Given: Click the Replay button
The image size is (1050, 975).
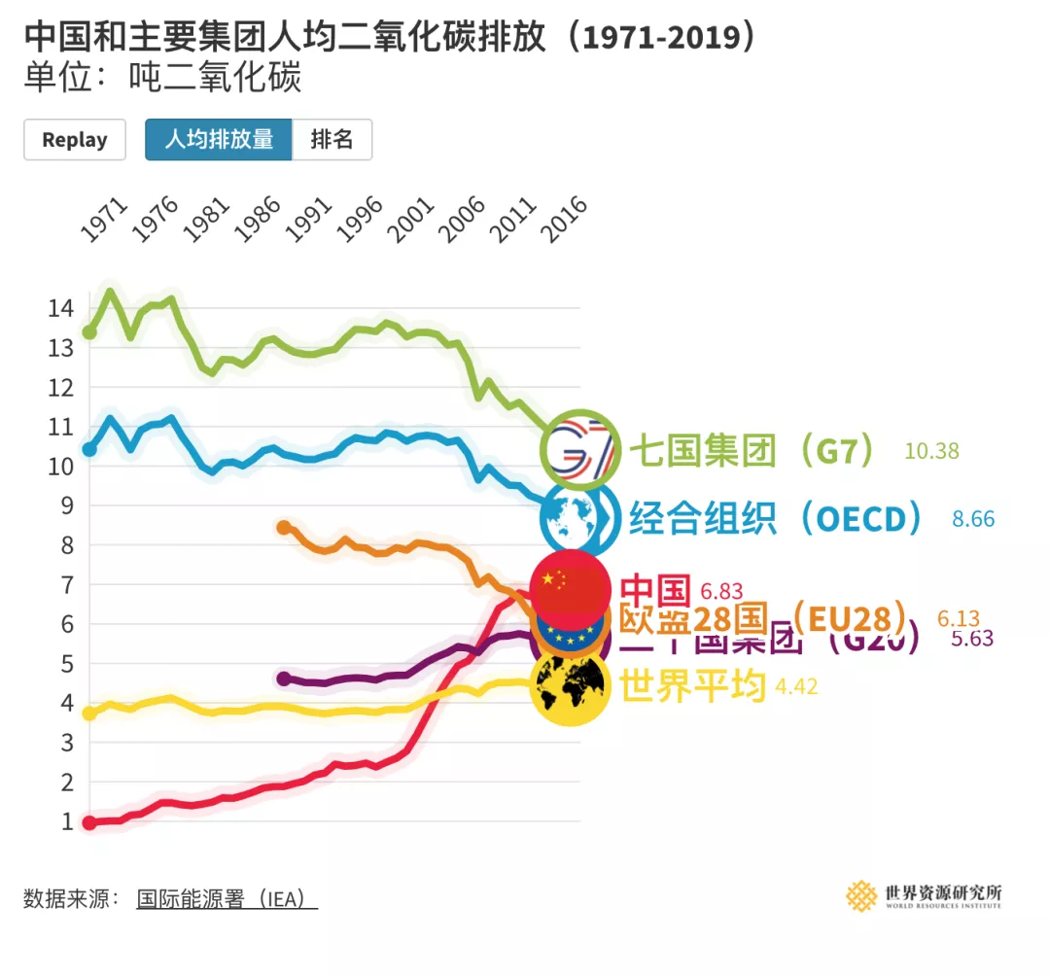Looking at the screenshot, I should point(75,140).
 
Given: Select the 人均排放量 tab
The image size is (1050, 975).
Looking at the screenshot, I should point(219,140).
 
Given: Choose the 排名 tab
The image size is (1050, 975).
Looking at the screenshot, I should point(332,140).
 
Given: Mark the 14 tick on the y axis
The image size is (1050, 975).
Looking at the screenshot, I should point(60,309).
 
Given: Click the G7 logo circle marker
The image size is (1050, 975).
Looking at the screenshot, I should point(580,449).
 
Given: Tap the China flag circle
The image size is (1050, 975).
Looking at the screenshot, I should point(571,589).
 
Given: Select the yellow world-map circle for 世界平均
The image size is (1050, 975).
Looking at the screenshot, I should point(571,687).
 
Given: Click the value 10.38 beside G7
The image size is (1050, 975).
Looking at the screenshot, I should point(931,451).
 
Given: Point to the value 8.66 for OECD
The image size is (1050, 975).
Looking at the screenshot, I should point(973,519).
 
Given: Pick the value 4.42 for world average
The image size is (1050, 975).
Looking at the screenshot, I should point(796,687).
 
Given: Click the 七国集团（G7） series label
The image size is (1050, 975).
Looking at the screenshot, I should point(752,450).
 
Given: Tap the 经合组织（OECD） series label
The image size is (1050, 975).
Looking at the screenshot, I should point(776,518).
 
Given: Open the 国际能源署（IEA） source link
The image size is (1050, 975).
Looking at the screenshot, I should point(227,898).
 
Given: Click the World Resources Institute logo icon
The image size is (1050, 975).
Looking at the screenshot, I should point(861,896).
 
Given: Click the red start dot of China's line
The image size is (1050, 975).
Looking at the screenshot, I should point(89,822).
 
